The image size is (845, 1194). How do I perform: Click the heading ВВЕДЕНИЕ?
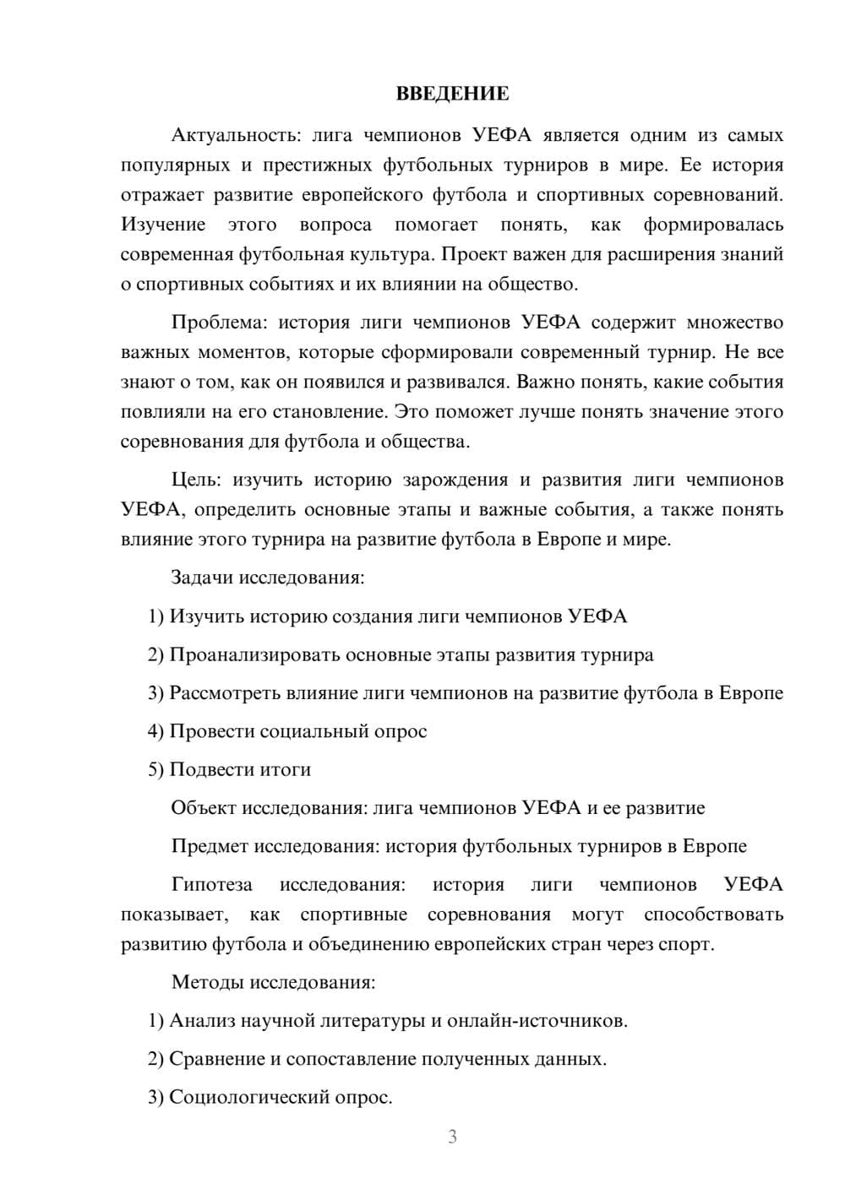[452, 94]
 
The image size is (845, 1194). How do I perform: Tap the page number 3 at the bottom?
[452, 1137]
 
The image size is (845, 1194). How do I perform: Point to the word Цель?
[195, 480]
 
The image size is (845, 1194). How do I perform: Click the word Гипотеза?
[211, 884]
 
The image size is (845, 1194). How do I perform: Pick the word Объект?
[204, 807]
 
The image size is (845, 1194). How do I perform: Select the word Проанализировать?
[255, 654]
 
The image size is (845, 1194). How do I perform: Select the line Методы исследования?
[273, 982]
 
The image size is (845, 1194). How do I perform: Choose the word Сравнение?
[217, 1059]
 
